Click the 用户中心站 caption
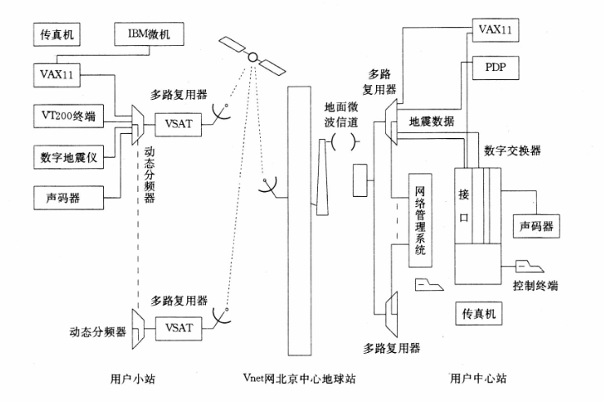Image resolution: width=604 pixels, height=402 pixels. (x=480, y=377)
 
